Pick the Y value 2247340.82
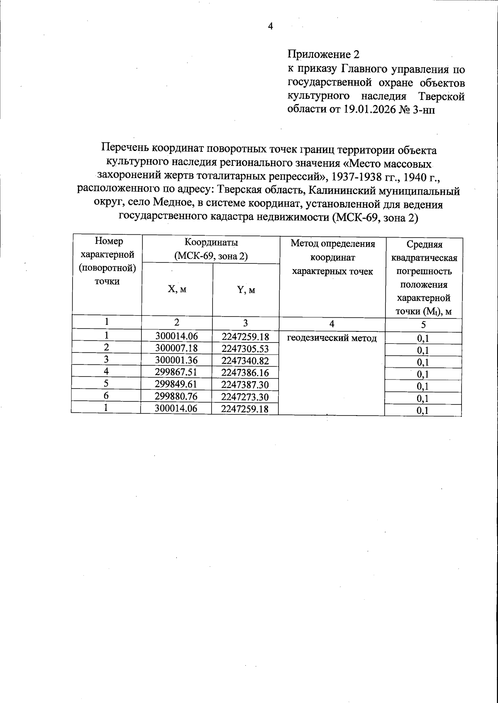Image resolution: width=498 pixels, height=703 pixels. coord(245,361)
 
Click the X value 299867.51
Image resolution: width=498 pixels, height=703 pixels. coord(176,372)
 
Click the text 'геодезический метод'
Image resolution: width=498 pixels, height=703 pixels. coord(332,338)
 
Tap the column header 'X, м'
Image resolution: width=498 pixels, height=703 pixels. coord(177,289)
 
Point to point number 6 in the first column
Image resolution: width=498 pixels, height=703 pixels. coord(106,396)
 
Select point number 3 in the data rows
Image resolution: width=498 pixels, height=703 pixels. coord(106,360)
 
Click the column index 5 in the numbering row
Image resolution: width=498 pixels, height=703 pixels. coord(423,325)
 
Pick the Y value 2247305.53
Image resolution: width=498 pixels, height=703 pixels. coord(245,349)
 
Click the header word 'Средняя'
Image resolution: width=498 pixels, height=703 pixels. coord(424,245)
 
